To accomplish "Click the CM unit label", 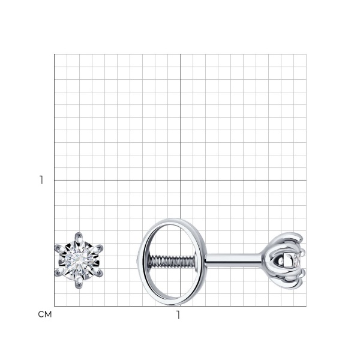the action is pos(45,314).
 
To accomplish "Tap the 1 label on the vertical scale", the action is pos(41,180).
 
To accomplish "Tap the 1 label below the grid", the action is pos(178,315).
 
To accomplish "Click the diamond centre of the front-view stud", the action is pos(79,260).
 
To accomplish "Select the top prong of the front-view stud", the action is pos(79,238).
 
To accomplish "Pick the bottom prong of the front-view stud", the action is pos(79,283).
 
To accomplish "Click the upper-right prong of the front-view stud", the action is pos(98,249).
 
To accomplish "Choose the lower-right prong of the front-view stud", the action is pos(98,272).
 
